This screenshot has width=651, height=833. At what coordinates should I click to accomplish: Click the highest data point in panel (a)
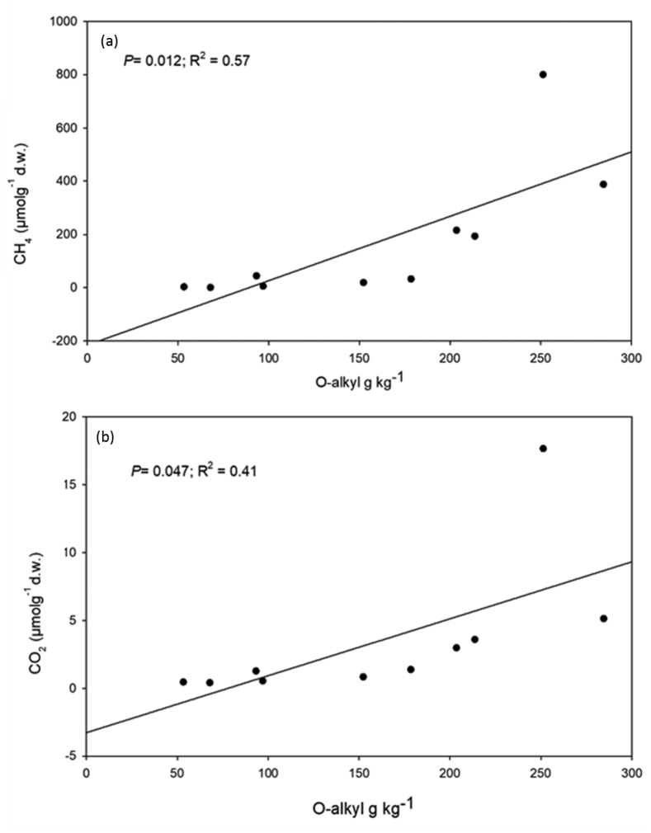[x=543, y=74]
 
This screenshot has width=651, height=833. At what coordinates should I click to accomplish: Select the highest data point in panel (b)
[x=543, y=448]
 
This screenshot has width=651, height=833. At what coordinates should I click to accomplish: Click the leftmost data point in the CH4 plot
[x=184, y=286]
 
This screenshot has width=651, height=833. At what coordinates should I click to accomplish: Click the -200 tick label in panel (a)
[x=64, y=341]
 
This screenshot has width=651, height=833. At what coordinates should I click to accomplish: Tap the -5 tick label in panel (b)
[x=71, y=756]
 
